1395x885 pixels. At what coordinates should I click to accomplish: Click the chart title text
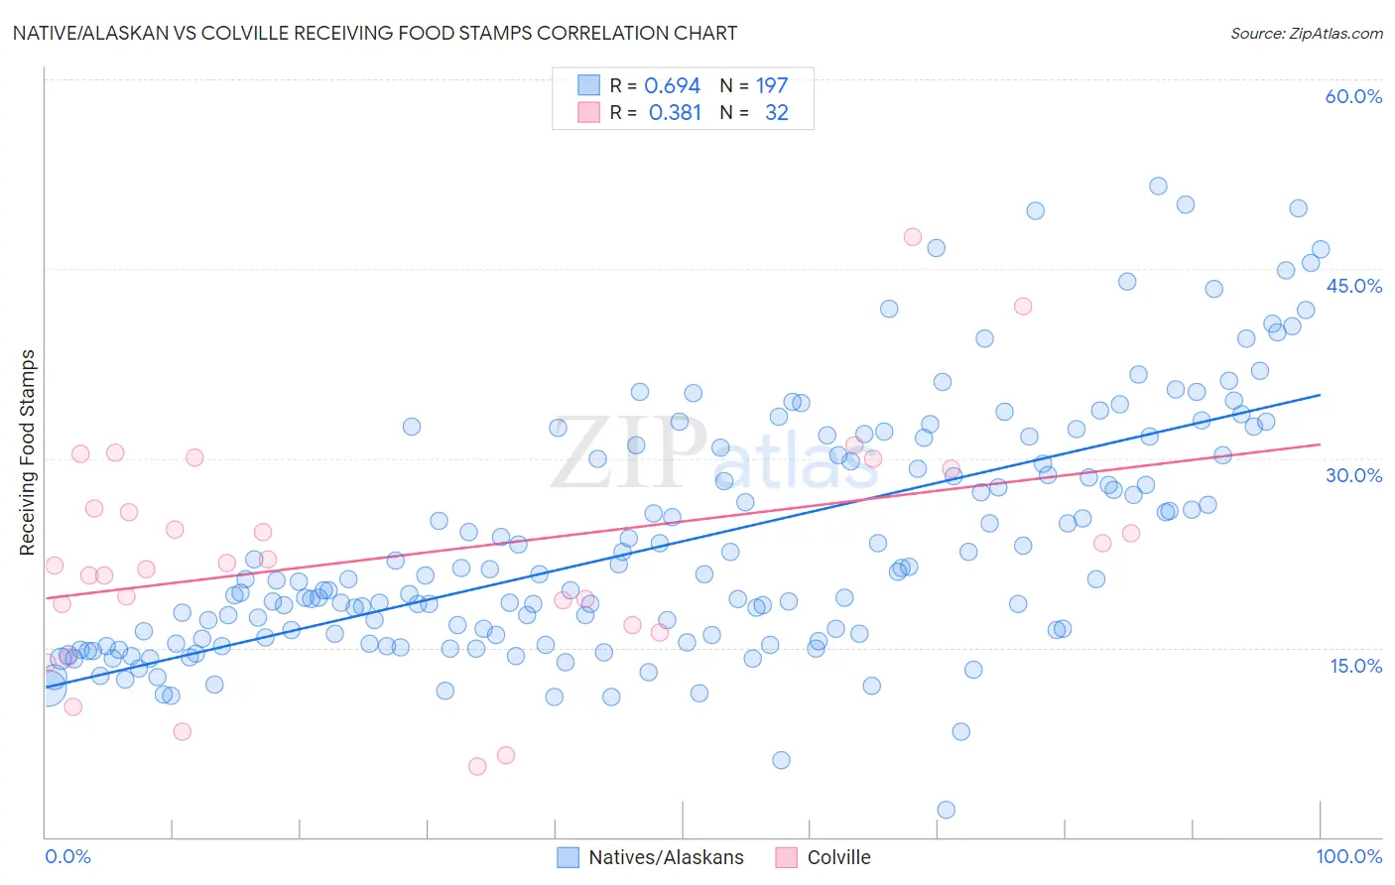[x=375, y=33]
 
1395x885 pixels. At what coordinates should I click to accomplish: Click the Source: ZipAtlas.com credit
[x=1306, y=33]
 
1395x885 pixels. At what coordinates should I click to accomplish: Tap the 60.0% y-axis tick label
[x=1353, y=96]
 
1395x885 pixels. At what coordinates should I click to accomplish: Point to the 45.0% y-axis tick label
[x=1353, y=286]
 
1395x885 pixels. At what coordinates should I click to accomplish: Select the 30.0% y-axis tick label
[x=1353, y=475]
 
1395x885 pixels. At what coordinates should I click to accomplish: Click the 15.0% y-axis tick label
[x=1355, y=666]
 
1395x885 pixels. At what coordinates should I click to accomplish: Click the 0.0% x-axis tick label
[x=67, y=856]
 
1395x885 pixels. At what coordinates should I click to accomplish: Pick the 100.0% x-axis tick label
[x=1348, y=856]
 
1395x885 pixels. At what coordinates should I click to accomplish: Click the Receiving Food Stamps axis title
[x=28, y=452]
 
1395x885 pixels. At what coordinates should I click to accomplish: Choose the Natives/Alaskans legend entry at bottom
[x=651, y=857]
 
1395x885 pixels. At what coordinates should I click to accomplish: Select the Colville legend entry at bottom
[x=824, y=857]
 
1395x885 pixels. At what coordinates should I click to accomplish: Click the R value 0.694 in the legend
[x=672, y=86]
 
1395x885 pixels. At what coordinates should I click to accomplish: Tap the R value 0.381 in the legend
[x=675, y=113]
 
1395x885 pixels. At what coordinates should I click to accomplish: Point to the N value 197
[x=772, y=86]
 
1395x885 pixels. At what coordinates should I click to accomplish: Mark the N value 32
[x=776, y=113]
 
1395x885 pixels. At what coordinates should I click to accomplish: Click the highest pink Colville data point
[x=913, y=236]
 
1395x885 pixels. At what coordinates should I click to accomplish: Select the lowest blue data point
[x=946, y=810]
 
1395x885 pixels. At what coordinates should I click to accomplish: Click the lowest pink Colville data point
[x=477, y=766]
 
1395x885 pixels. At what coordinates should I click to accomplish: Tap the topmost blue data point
[x=1158, y=186]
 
